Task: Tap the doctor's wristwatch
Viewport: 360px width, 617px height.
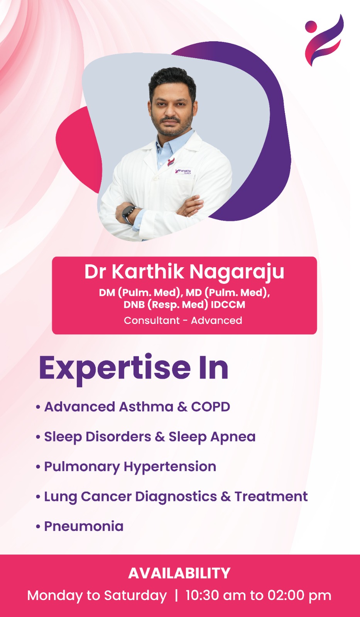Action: coord(128,214)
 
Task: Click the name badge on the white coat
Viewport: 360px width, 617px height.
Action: coord(184,171)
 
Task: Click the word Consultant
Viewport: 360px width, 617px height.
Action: coord(152,320)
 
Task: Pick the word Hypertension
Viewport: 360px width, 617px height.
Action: coord(170,467)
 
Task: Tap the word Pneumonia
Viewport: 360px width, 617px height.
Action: coord(84,526)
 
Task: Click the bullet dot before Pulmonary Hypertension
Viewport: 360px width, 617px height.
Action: coord(38,467)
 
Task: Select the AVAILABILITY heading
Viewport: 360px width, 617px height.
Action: coord(179,573)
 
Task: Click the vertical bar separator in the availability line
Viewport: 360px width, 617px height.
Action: coord(176,596)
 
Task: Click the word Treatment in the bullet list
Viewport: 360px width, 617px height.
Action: coord(271,496)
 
